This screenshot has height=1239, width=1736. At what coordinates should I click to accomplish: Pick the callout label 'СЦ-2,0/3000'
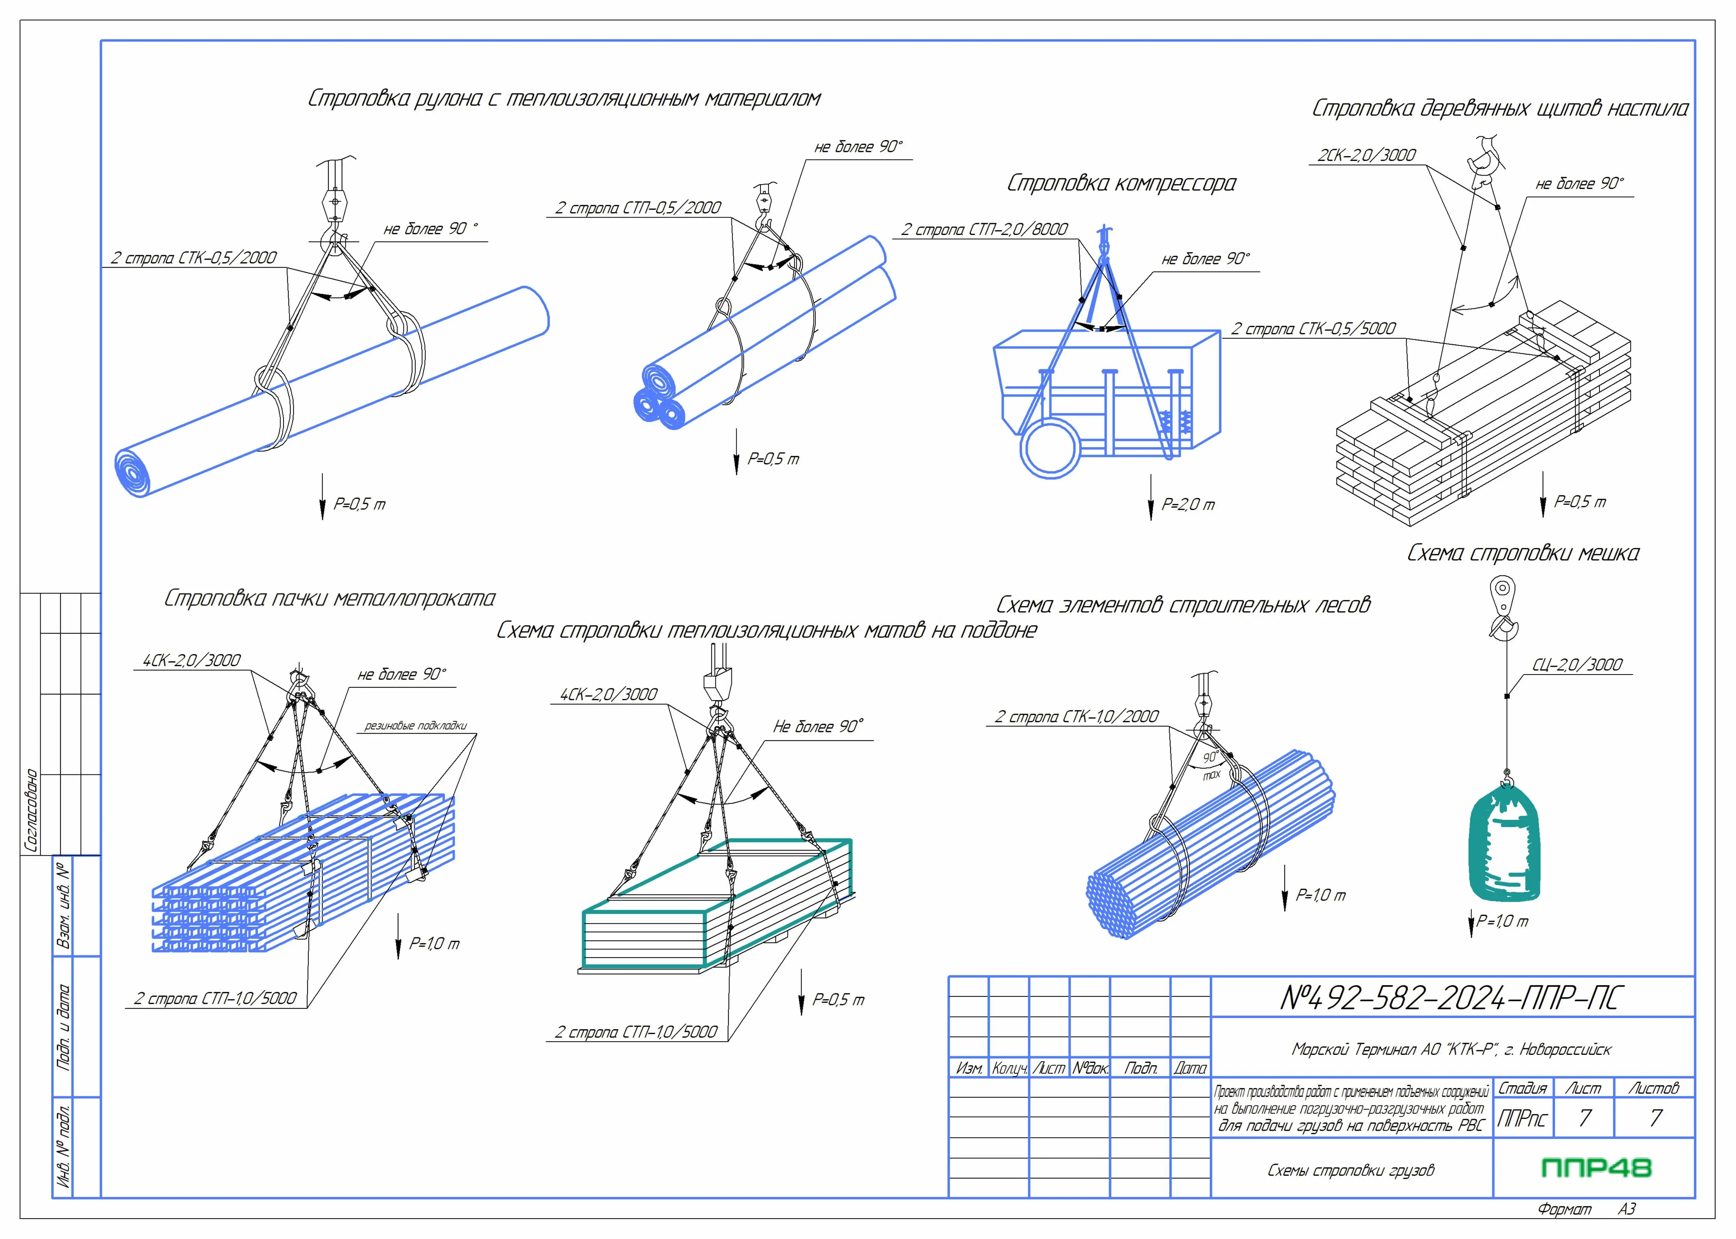click(x=1577, y=664)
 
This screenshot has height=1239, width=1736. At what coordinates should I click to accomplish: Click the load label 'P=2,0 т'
click(x=1187, y=504)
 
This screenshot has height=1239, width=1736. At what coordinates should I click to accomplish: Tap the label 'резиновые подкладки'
click(x=415, y=726)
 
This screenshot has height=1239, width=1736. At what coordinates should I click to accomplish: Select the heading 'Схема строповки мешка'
click(x=1522, y=553)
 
